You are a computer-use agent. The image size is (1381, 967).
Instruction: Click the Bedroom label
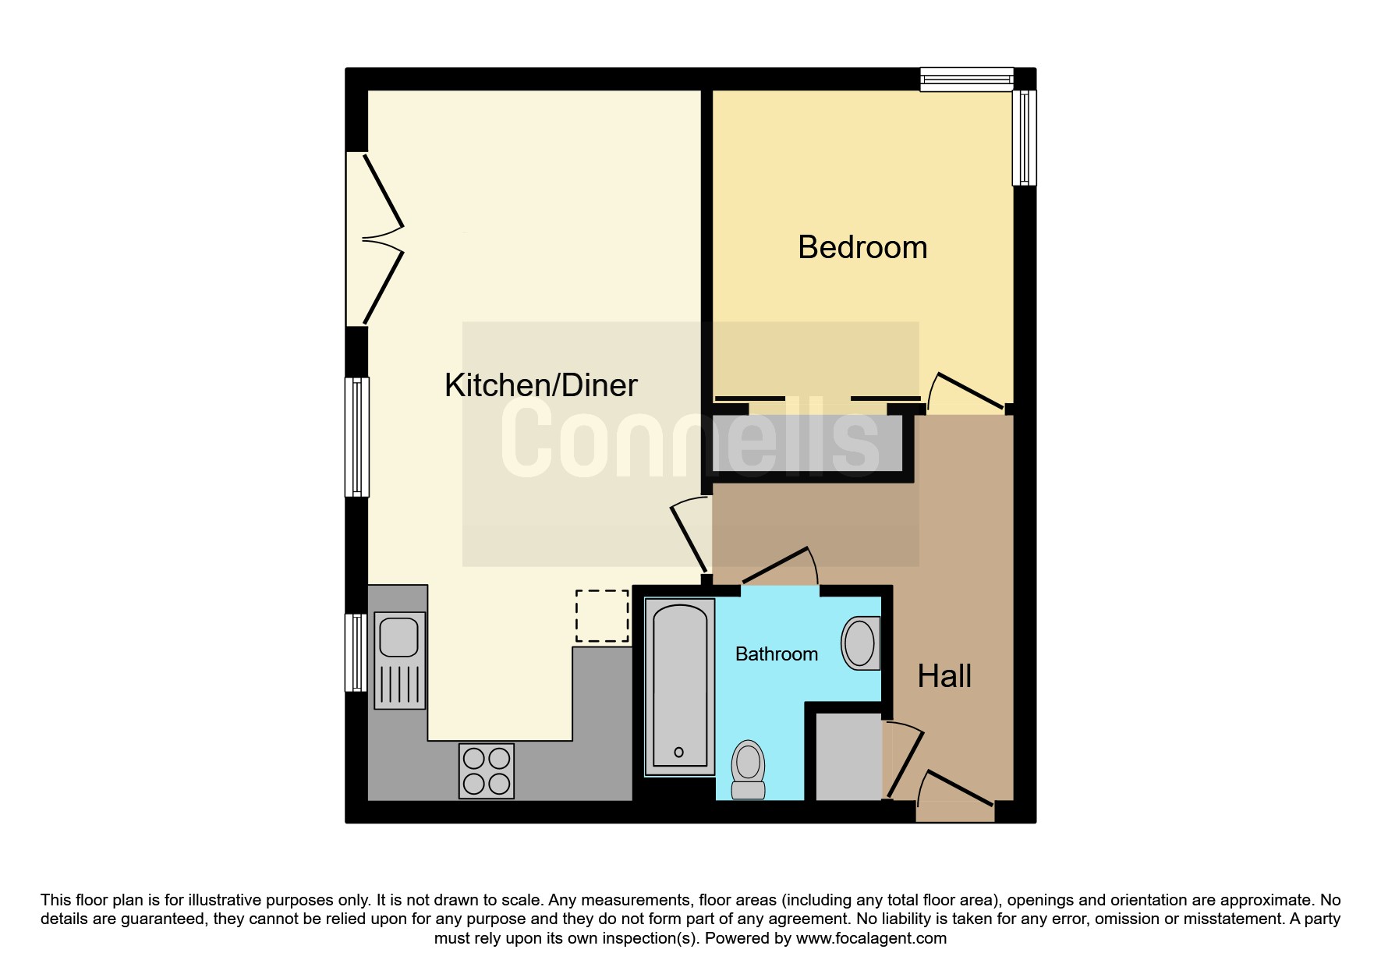click(x=862, y=247)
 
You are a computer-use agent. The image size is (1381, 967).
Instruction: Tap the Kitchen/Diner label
click(x=541, y=385)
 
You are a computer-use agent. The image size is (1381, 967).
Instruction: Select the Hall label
click(x=944, y=676)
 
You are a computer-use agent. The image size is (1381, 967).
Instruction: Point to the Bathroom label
click(x=777, y=654)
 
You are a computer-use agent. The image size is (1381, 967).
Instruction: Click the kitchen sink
click(x=400, y=661)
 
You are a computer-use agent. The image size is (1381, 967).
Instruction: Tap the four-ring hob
click(x=487, y=771)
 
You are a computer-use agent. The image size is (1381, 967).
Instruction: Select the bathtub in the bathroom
click(x=680, y=687)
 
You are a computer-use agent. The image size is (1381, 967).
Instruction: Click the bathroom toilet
click(x=748, y=770)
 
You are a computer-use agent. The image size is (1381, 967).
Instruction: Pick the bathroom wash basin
click(x=861, y=643)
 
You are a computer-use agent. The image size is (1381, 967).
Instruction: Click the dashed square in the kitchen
click(x=602, y=616)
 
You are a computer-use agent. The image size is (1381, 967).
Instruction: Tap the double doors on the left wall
click(x=375, y=239)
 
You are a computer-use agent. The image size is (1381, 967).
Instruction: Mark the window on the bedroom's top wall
click(x=967, y=80)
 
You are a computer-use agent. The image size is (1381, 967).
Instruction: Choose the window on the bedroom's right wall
click(x=1025, y=138)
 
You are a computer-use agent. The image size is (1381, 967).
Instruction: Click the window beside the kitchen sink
click(x=356, y=653)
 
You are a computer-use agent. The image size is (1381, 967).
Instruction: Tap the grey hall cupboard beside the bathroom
click(x=848, y=756)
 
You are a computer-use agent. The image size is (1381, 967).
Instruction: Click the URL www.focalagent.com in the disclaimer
click(x=871, y=938)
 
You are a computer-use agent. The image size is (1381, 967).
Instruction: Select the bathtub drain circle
click(x=678, y=753)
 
